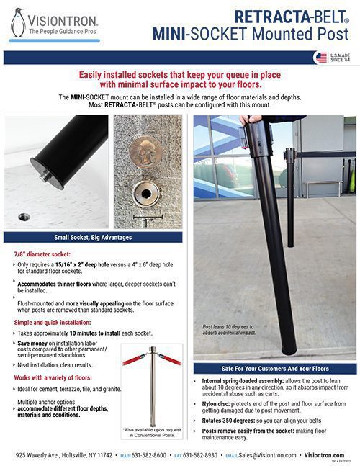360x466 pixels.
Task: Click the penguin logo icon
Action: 19,22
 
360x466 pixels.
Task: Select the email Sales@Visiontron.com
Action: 271,455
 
